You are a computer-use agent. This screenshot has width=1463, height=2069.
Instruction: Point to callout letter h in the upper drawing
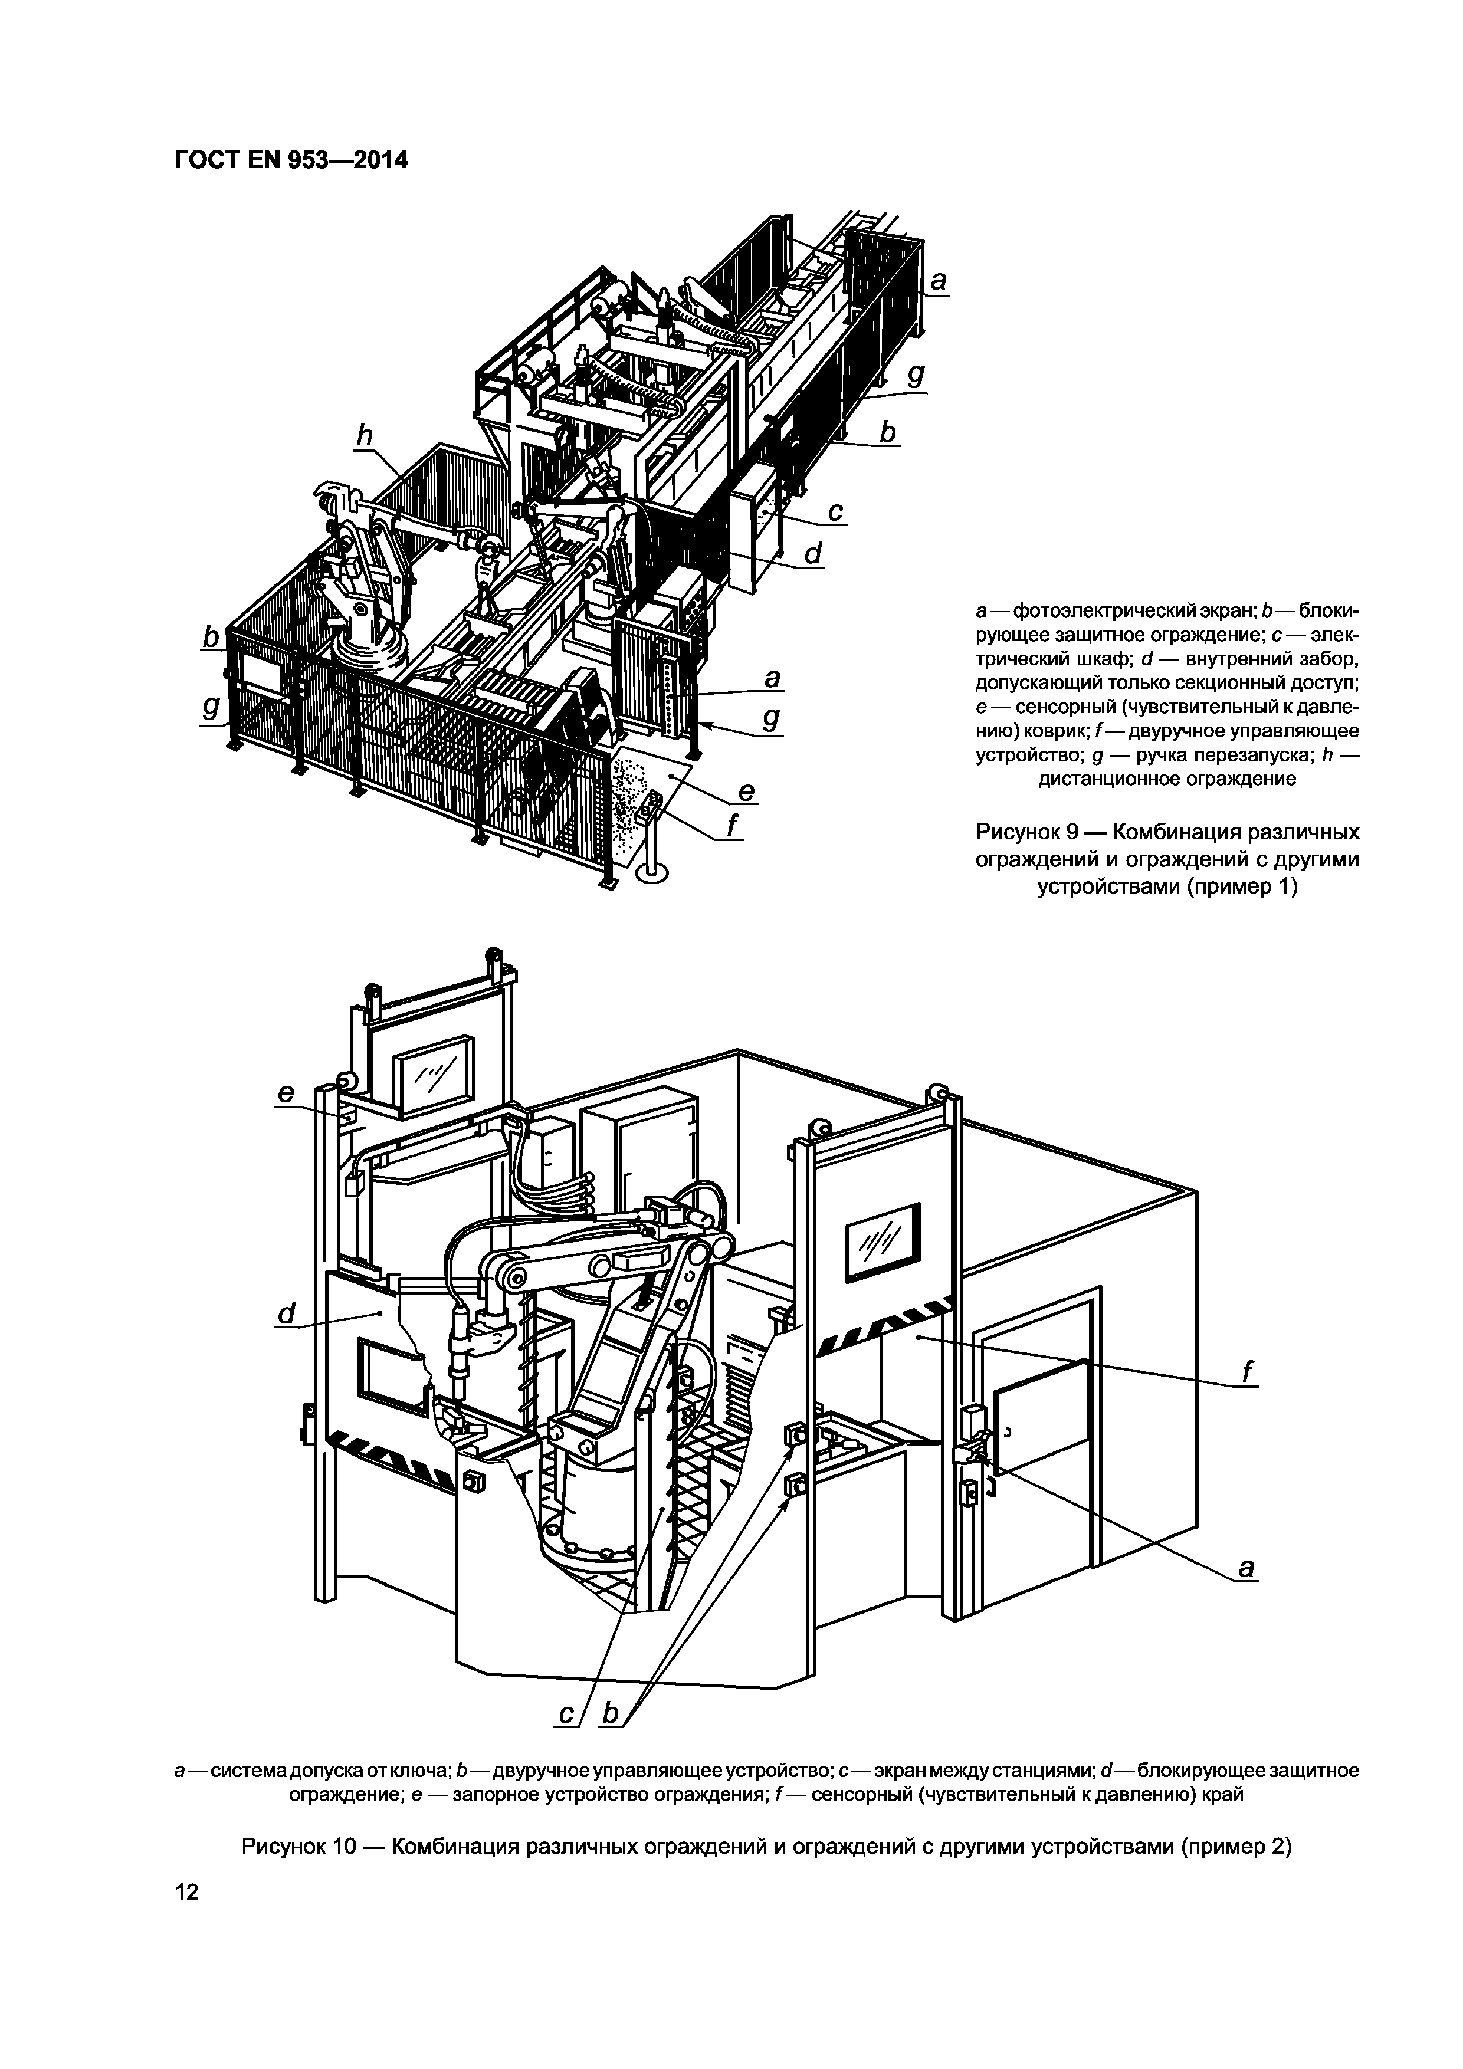click(363, 436)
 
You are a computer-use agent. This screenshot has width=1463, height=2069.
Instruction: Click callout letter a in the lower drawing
click(1246, 1569)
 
